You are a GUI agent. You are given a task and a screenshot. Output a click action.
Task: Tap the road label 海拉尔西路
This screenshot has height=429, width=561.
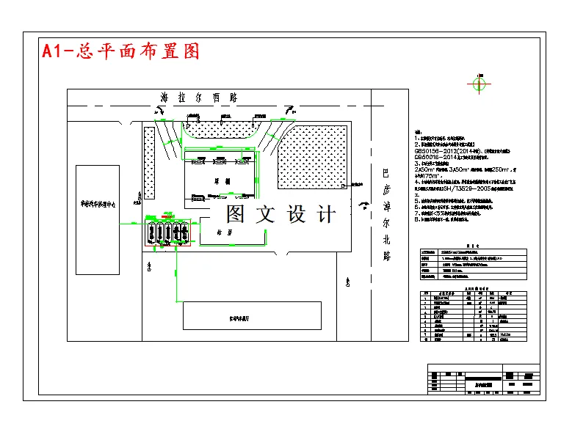[x=200, y=98]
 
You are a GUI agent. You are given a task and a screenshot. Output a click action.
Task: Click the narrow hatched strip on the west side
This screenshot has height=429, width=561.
[x=149, y=163]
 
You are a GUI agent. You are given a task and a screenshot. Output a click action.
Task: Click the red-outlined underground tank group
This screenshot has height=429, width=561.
[x=167, y=233]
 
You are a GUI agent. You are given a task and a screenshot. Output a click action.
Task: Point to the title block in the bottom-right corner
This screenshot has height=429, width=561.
[x=482, y=379]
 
